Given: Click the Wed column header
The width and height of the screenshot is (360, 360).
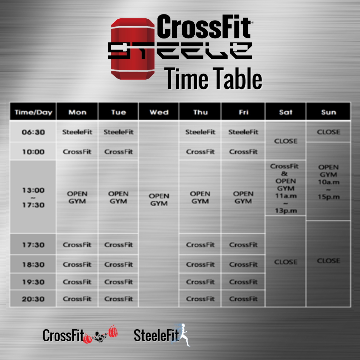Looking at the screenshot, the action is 159,112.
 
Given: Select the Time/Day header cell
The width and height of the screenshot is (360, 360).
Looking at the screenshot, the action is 33,112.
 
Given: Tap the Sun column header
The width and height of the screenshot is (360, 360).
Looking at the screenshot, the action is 329,112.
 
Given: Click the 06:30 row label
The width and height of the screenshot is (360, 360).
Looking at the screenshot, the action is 33,132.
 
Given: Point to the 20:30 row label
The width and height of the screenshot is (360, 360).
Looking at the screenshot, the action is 33,299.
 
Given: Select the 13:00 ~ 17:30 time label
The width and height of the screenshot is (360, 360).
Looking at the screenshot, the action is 33,197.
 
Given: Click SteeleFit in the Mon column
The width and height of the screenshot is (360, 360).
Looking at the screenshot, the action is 77,132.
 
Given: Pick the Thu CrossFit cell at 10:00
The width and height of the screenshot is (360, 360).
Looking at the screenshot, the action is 200,152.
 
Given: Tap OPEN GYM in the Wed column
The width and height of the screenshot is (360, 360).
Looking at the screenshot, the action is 159,200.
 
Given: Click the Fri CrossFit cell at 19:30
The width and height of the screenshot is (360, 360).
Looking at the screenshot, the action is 243,282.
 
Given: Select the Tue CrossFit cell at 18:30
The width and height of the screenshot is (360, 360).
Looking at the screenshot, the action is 118,264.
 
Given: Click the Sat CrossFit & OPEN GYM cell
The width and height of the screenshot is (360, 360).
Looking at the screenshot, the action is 285,188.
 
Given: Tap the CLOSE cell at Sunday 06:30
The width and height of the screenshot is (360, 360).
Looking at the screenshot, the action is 329,132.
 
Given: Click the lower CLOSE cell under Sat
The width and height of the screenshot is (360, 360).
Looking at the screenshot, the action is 286,262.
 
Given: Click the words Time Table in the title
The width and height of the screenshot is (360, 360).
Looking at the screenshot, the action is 213,79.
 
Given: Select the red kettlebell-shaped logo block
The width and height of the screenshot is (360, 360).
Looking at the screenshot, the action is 133,49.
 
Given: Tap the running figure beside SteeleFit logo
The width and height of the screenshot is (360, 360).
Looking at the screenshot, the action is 183,335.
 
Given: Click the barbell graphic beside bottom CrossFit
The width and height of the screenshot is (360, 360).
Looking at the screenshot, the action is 101,335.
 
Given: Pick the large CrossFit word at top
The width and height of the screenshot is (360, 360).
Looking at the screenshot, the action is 204,27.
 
